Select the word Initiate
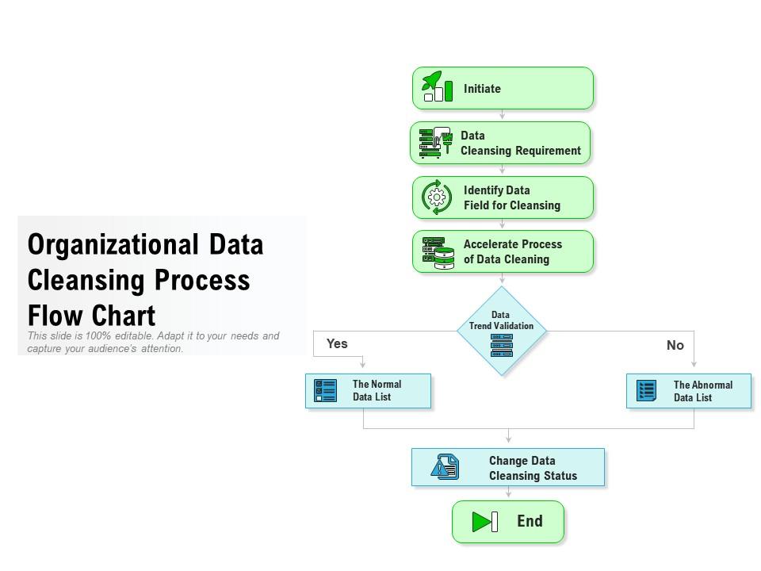[x=482, y=89]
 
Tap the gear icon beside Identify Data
[x=437, y=197]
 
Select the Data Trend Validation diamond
[x=502, y=331]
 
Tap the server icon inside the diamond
[x=501, y=345]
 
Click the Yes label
[x=337, y=343]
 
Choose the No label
[x=675, y=345]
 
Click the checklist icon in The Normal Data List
[x=325, y=391]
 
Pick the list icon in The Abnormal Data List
[x=646, y=391]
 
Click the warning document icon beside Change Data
[x=445, y=466]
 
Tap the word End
[x=530, y=522]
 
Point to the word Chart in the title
[x=124, y=316]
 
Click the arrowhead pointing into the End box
[x=508, y=494]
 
